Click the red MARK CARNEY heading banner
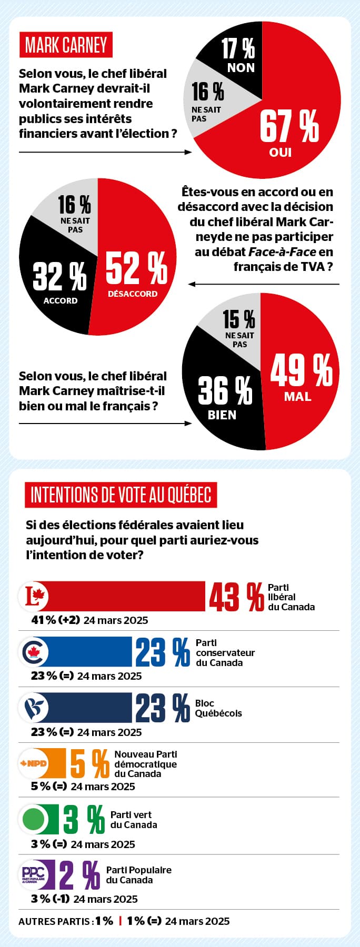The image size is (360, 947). (x=66, y=45)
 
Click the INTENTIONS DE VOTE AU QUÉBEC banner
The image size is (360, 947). (x=121, y=495)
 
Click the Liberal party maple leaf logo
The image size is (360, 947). (x=35, y=597)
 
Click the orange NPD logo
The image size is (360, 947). (x=34, y=763)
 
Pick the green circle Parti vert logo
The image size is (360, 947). (x=34, y=819)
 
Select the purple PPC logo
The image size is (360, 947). (x=34, y=875)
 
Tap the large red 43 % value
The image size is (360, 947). (x=236, y=597)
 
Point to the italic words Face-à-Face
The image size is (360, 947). (x=282, y=252)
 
